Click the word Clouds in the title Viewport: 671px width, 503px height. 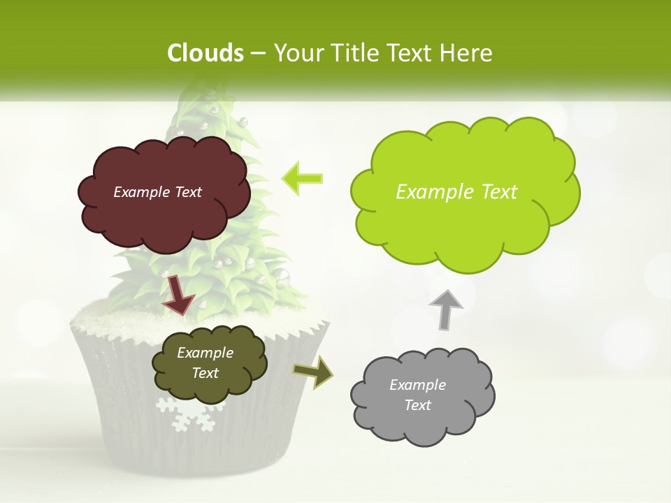pos(205,53)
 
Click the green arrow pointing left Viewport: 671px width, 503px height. pos(302,178)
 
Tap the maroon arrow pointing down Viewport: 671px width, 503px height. pos(178,294)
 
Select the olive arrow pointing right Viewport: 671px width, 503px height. pos(313,371)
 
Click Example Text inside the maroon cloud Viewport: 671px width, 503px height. pos(157,192)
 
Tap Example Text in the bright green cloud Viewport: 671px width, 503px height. pos(456,192)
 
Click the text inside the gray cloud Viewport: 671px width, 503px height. pos(417,395)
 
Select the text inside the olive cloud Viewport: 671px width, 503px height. pos(205,363)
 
